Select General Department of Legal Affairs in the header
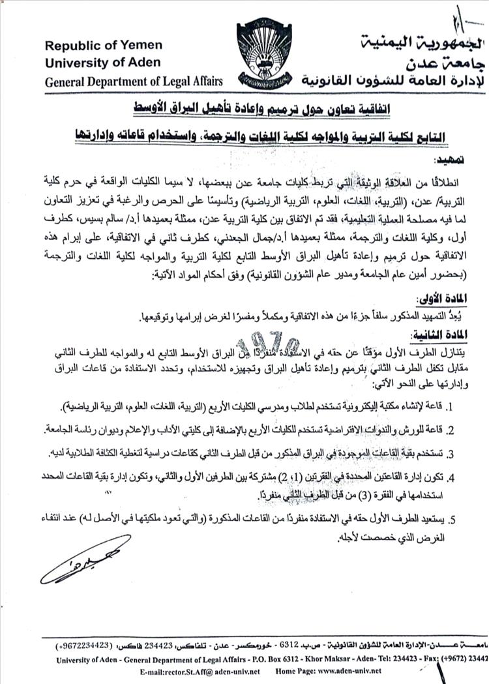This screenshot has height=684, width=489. tap(134, 81)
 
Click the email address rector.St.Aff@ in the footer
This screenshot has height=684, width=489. tap(183, 670)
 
